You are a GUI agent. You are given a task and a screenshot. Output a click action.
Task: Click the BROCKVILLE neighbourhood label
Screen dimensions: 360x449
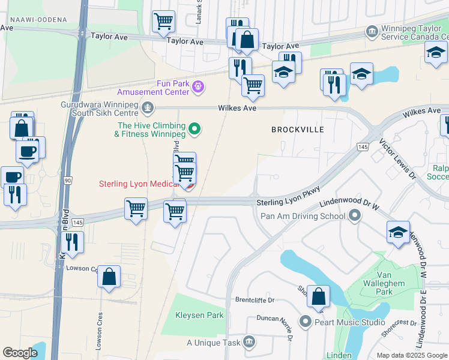(297, 130)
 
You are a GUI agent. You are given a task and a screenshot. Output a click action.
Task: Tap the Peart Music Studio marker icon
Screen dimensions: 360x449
(306, 322)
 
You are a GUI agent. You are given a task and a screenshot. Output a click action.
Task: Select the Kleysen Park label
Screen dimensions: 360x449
(199, 315)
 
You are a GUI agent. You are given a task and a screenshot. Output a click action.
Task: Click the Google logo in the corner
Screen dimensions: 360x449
(20, 353)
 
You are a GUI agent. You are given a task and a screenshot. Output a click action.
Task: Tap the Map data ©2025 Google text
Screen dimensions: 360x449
(411, 355)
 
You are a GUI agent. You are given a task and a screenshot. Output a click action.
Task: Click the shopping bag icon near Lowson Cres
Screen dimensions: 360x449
(109, 277)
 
